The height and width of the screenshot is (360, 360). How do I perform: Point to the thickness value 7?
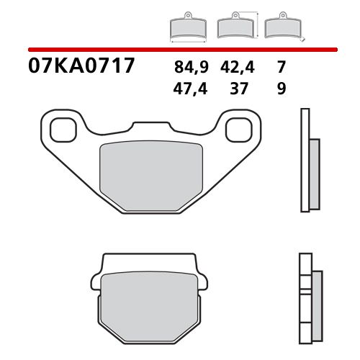click(280, 69)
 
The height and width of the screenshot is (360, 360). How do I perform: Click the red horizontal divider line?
click(180, 49)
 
